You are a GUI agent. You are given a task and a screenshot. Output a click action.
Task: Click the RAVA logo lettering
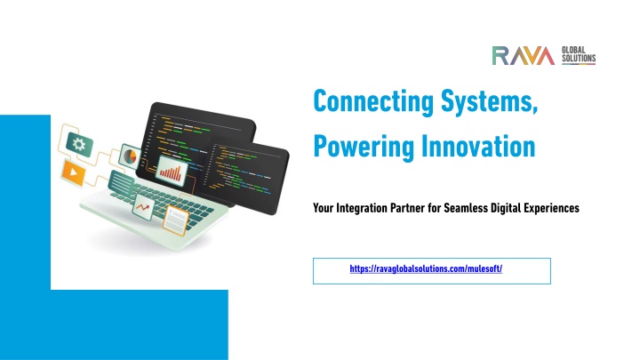524,55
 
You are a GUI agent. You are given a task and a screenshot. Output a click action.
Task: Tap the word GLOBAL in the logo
573,50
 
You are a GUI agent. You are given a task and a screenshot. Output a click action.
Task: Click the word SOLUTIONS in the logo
579,58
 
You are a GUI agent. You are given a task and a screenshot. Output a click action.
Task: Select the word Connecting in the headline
373,101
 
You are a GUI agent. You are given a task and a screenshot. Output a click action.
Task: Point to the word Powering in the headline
364,147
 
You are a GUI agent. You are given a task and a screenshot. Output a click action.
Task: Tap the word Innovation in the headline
478,146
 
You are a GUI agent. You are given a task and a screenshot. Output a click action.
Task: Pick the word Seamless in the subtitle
466,208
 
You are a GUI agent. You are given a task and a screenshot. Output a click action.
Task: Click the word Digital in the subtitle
505,208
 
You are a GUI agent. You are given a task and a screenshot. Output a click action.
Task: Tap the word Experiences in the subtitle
551,208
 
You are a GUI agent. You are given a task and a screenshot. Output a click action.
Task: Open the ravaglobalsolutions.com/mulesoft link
426,269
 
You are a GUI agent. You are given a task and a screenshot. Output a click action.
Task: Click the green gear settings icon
79,145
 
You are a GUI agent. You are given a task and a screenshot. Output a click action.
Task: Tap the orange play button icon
74,172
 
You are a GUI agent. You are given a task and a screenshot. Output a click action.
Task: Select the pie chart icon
130,156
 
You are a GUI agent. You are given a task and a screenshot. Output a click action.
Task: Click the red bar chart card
172,172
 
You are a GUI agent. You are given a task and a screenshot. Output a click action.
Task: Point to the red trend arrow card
143,207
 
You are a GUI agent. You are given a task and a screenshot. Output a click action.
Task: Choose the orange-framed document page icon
176,220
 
